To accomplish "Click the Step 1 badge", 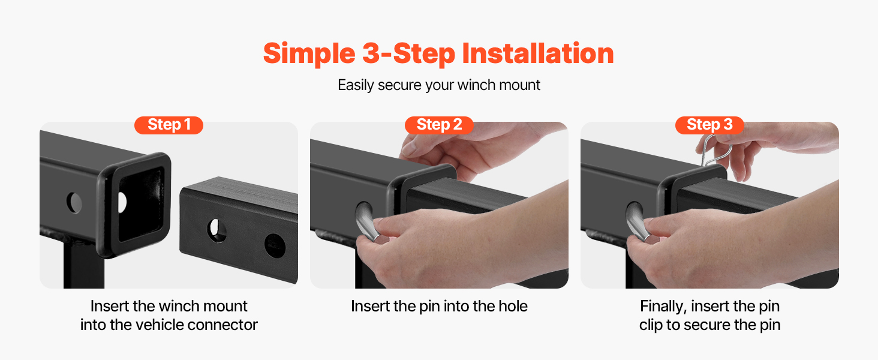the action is (169, 125).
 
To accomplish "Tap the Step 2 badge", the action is (439, 125).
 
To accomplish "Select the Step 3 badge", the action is (709, 125).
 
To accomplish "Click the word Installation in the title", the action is (538, 53).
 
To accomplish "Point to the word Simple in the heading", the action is (309, 54).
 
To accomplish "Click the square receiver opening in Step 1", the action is (141, 204).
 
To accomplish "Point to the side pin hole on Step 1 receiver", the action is (74, 203).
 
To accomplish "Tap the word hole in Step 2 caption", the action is (513, 306).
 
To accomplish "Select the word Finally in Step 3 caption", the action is (663, 307).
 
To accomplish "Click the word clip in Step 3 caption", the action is (651, 325).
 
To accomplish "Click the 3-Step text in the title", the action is (409, 54).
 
